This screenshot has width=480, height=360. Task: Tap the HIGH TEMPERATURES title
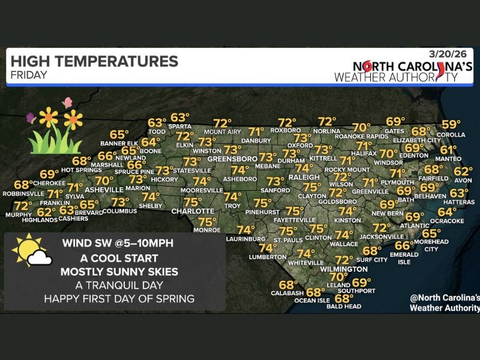(x=94, y=61)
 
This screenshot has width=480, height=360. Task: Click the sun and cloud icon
(x=31, y=251)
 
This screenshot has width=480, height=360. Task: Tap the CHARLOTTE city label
(x=193, y=211)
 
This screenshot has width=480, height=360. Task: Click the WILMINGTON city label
(x=344, y=269)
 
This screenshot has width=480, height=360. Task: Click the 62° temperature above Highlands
(x=46, y=212)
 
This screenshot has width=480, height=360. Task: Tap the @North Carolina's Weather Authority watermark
(x=444, y=303)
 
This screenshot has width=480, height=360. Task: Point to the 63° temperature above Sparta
(x=180, y=118)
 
